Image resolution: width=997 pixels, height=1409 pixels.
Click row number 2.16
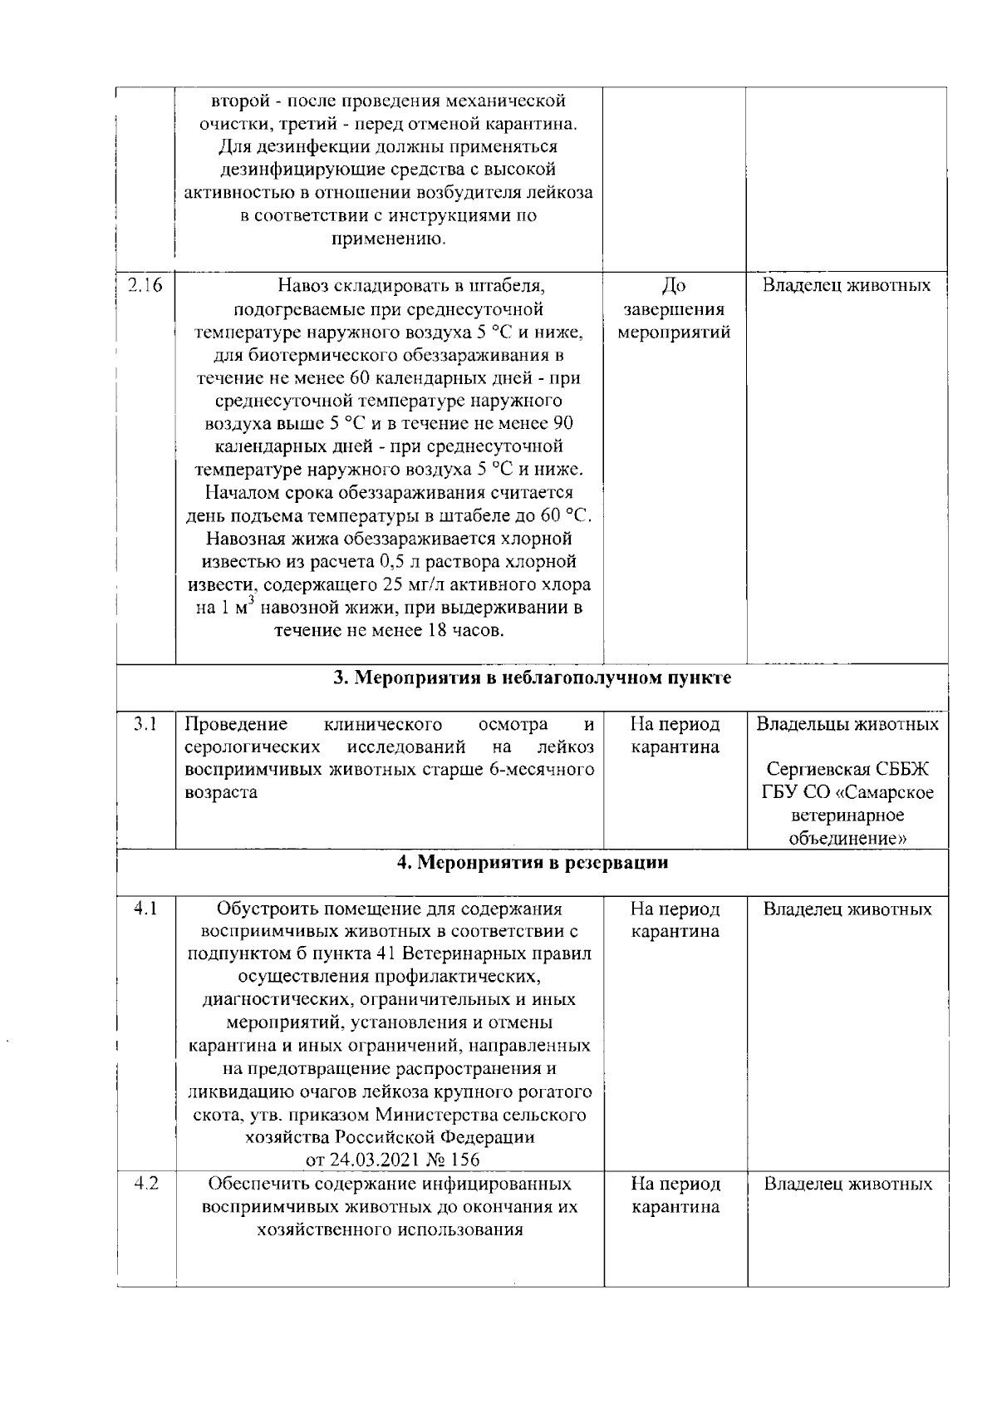tap(145, 286)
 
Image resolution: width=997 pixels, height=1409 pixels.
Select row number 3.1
tap(145, 724)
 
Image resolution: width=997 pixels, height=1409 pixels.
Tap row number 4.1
tap(145, 909)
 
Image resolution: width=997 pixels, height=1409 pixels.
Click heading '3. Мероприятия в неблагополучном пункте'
tap(532, 678)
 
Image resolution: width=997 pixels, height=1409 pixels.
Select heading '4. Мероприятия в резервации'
tap(532, 863)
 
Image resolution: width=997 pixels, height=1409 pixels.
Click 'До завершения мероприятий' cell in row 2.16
tap(674, 309)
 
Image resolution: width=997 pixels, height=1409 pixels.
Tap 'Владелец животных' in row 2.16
tap(847, 286)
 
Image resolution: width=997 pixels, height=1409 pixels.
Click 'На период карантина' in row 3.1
tap(675, 736)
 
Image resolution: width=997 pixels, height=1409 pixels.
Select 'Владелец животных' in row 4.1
tap(847, 909)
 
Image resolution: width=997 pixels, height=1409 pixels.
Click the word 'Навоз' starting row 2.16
tap(303, 287)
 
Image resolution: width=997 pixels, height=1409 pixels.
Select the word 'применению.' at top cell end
tap(389, 240)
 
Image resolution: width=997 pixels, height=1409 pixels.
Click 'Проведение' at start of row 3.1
tap(235, 724)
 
